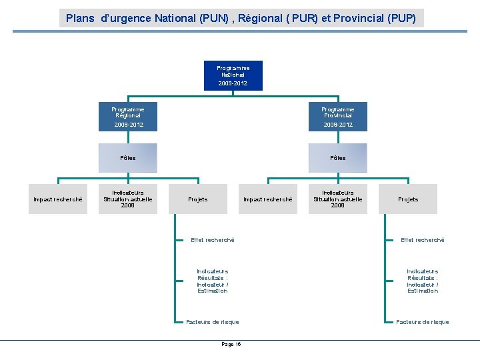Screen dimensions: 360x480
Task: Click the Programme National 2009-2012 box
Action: click(233, 75)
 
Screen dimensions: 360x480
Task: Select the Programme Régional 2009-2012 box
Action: click(127, 117)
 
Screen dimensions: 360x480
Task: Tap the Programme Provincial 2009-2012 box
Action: click(337, 117)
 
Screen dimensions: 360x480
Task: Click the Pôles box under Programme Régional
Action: click(127, 158)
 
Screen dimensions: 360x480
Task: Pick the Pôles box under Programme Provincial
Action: click(337, 158)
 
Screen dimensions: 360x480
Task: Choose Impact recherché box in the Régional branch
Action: click(58, 199)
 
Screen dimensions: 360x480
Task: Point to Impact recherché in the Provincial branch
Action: click(267, 199)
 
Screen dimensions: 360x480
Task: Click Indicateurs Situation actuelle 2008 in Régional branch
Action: click(127, 199)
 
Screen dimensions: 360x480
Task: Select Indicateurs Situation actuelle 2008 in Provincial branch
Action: click(337, 199)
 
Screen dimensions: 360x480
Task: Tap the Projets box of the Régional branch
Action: click(198, 199)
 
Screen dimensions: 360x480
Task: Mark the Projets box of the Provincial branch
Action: click(408, 199)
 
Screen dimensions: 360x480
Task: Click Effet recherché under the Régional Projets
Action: click(213, 240)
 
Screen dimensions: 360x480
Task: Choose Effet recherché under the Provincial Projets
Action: click(422, 240)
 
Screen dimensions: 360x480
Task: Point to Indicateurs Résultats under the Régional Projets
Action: click(213, 281)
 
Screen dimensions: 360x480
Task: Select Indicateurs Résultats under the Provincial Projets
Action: click(422, 281)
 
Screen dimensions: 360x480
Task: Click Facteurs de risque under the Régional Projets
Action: click(213, 322)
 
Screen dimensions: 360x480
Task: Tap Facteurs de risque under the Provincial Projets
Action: click(422, 322)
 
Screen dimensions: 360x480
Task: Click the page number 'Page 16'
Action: click(231, 344)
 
